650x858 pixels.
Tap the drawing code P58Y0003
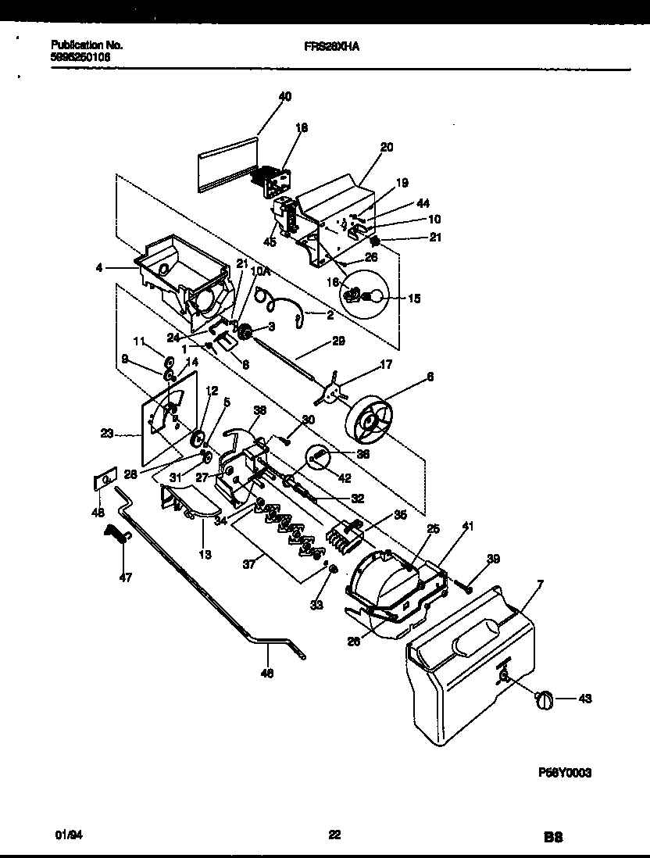click(565, 772)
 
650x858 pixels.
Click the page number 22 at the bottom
click(334, 835)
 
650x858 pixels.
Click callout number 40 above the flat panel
click(284, 96)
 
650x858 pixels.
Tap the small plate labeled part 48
click(105, 478)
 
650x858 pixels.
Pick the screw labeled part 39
click(463, 581)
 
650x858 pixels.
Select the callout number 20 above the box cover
click(387, 146)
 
